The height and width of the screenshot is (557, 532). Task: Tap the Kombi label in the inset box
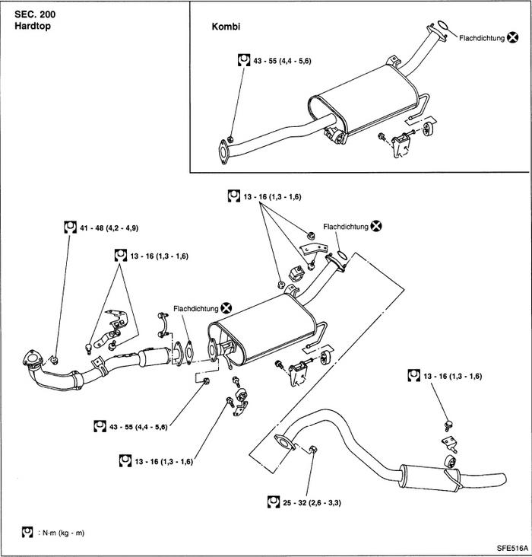225,26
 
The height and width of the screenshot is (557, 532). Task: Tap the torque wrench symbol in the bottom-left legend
27,532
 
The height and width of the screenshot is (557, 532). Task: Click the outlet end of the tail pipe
500,479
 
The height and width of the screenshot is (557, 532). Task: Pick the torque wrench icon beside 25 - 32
274,501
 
